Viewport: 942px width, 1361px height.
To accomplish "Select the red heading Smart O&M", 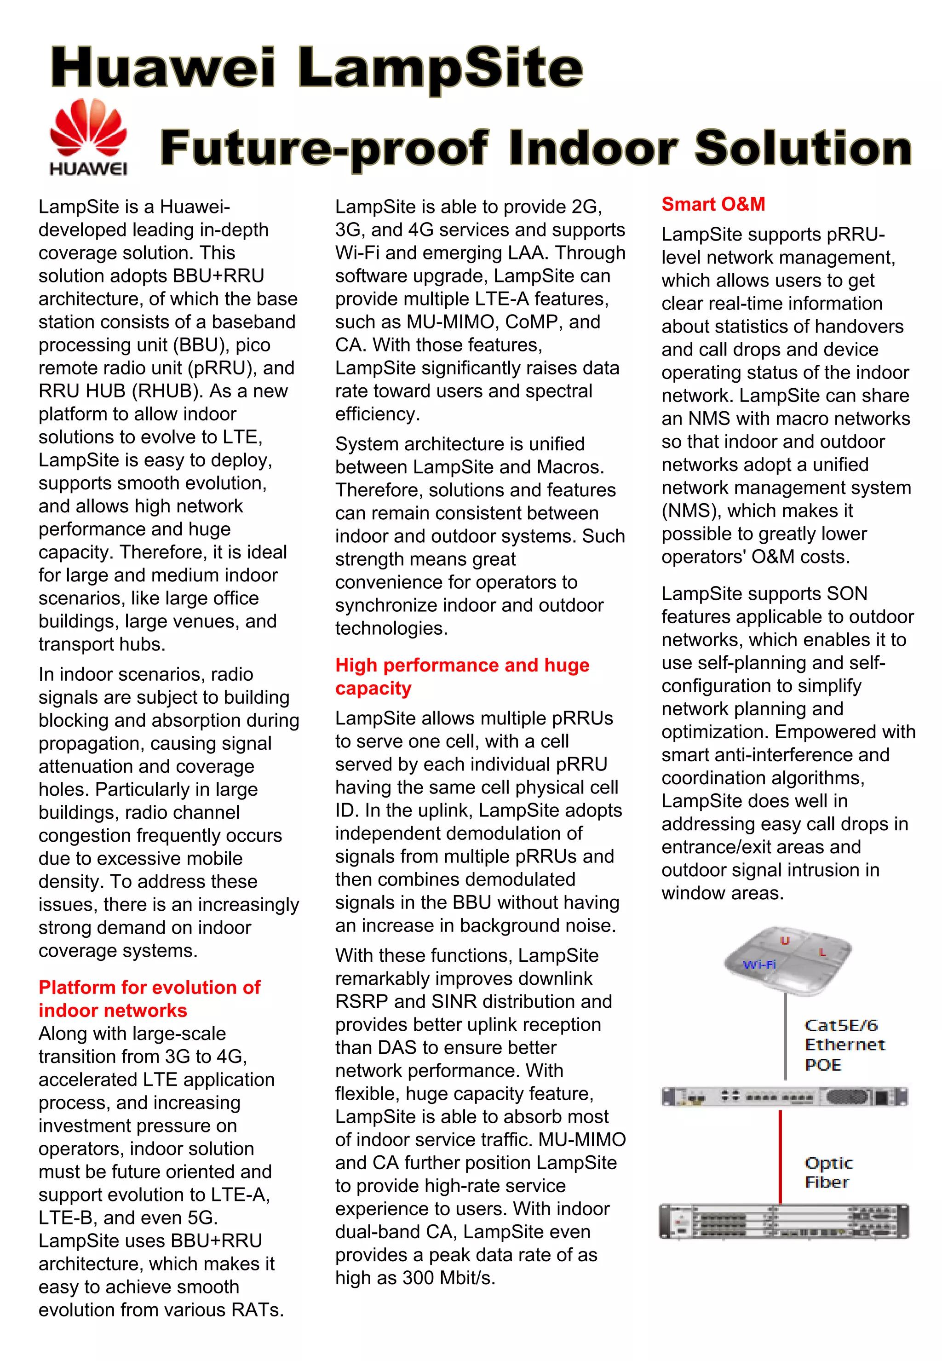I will point(713,204).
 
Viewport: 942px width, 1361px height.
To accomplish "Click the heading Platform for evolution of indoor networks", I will point(149,999).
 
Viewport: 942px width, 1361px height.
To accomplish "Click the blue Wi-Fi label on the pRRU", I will point(759,965).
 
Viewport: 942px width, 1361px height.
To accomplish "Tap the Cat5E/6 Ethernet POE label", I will point(844,1045).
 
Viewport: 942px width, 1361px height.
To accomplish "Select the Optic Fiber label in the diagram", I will point(828,1172).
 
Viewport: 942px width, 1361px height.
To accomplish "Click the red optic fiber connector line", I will point(780,1157).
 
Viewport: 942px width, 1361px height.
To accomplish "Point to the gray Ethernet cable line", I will point(785,1039).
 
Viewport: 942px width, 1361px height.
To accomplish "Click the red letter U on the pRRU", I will point(785,941).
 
